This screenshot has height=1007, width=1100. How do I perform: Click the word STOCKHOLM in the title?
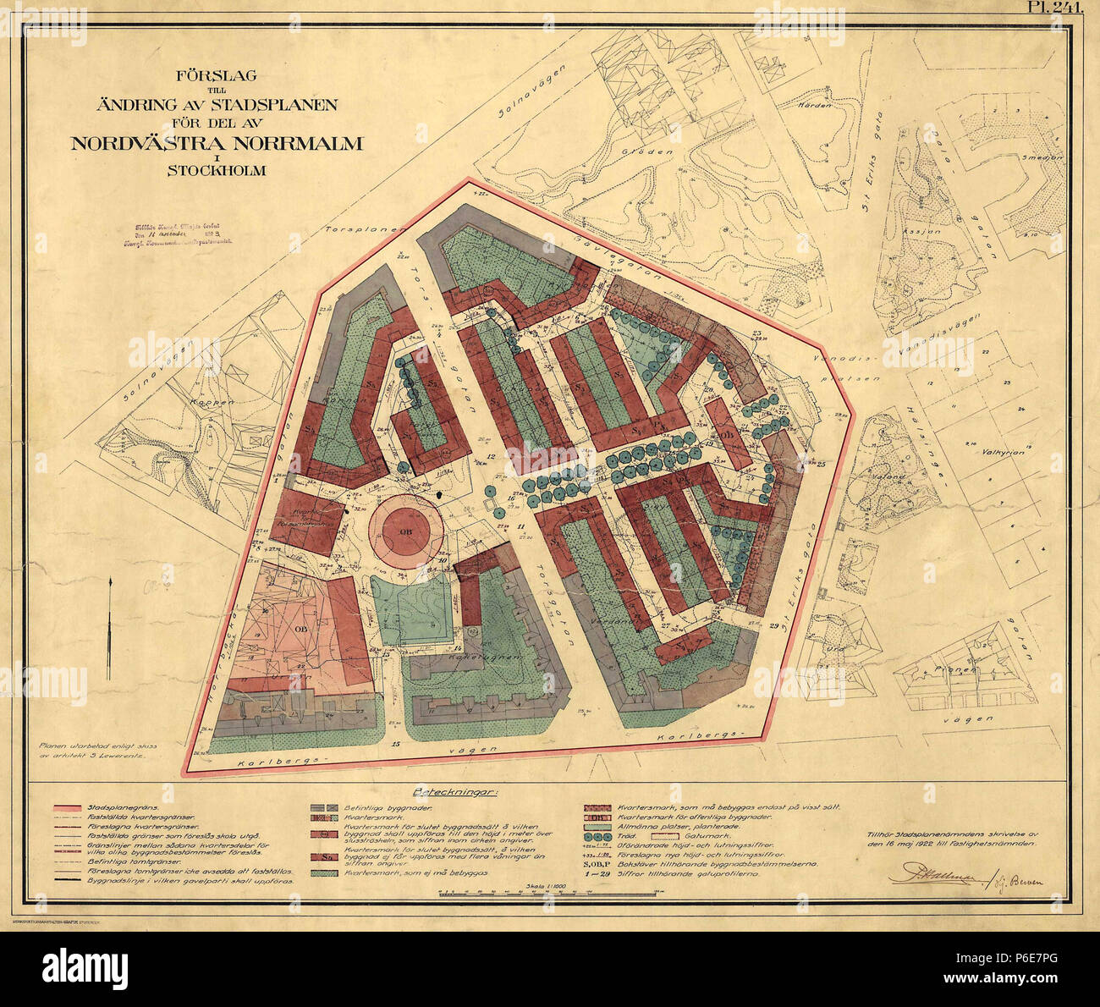[x=216, y=170]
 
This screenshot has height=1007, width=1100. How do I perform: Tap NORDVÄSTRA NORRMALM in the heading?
[x=216, y=143]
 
